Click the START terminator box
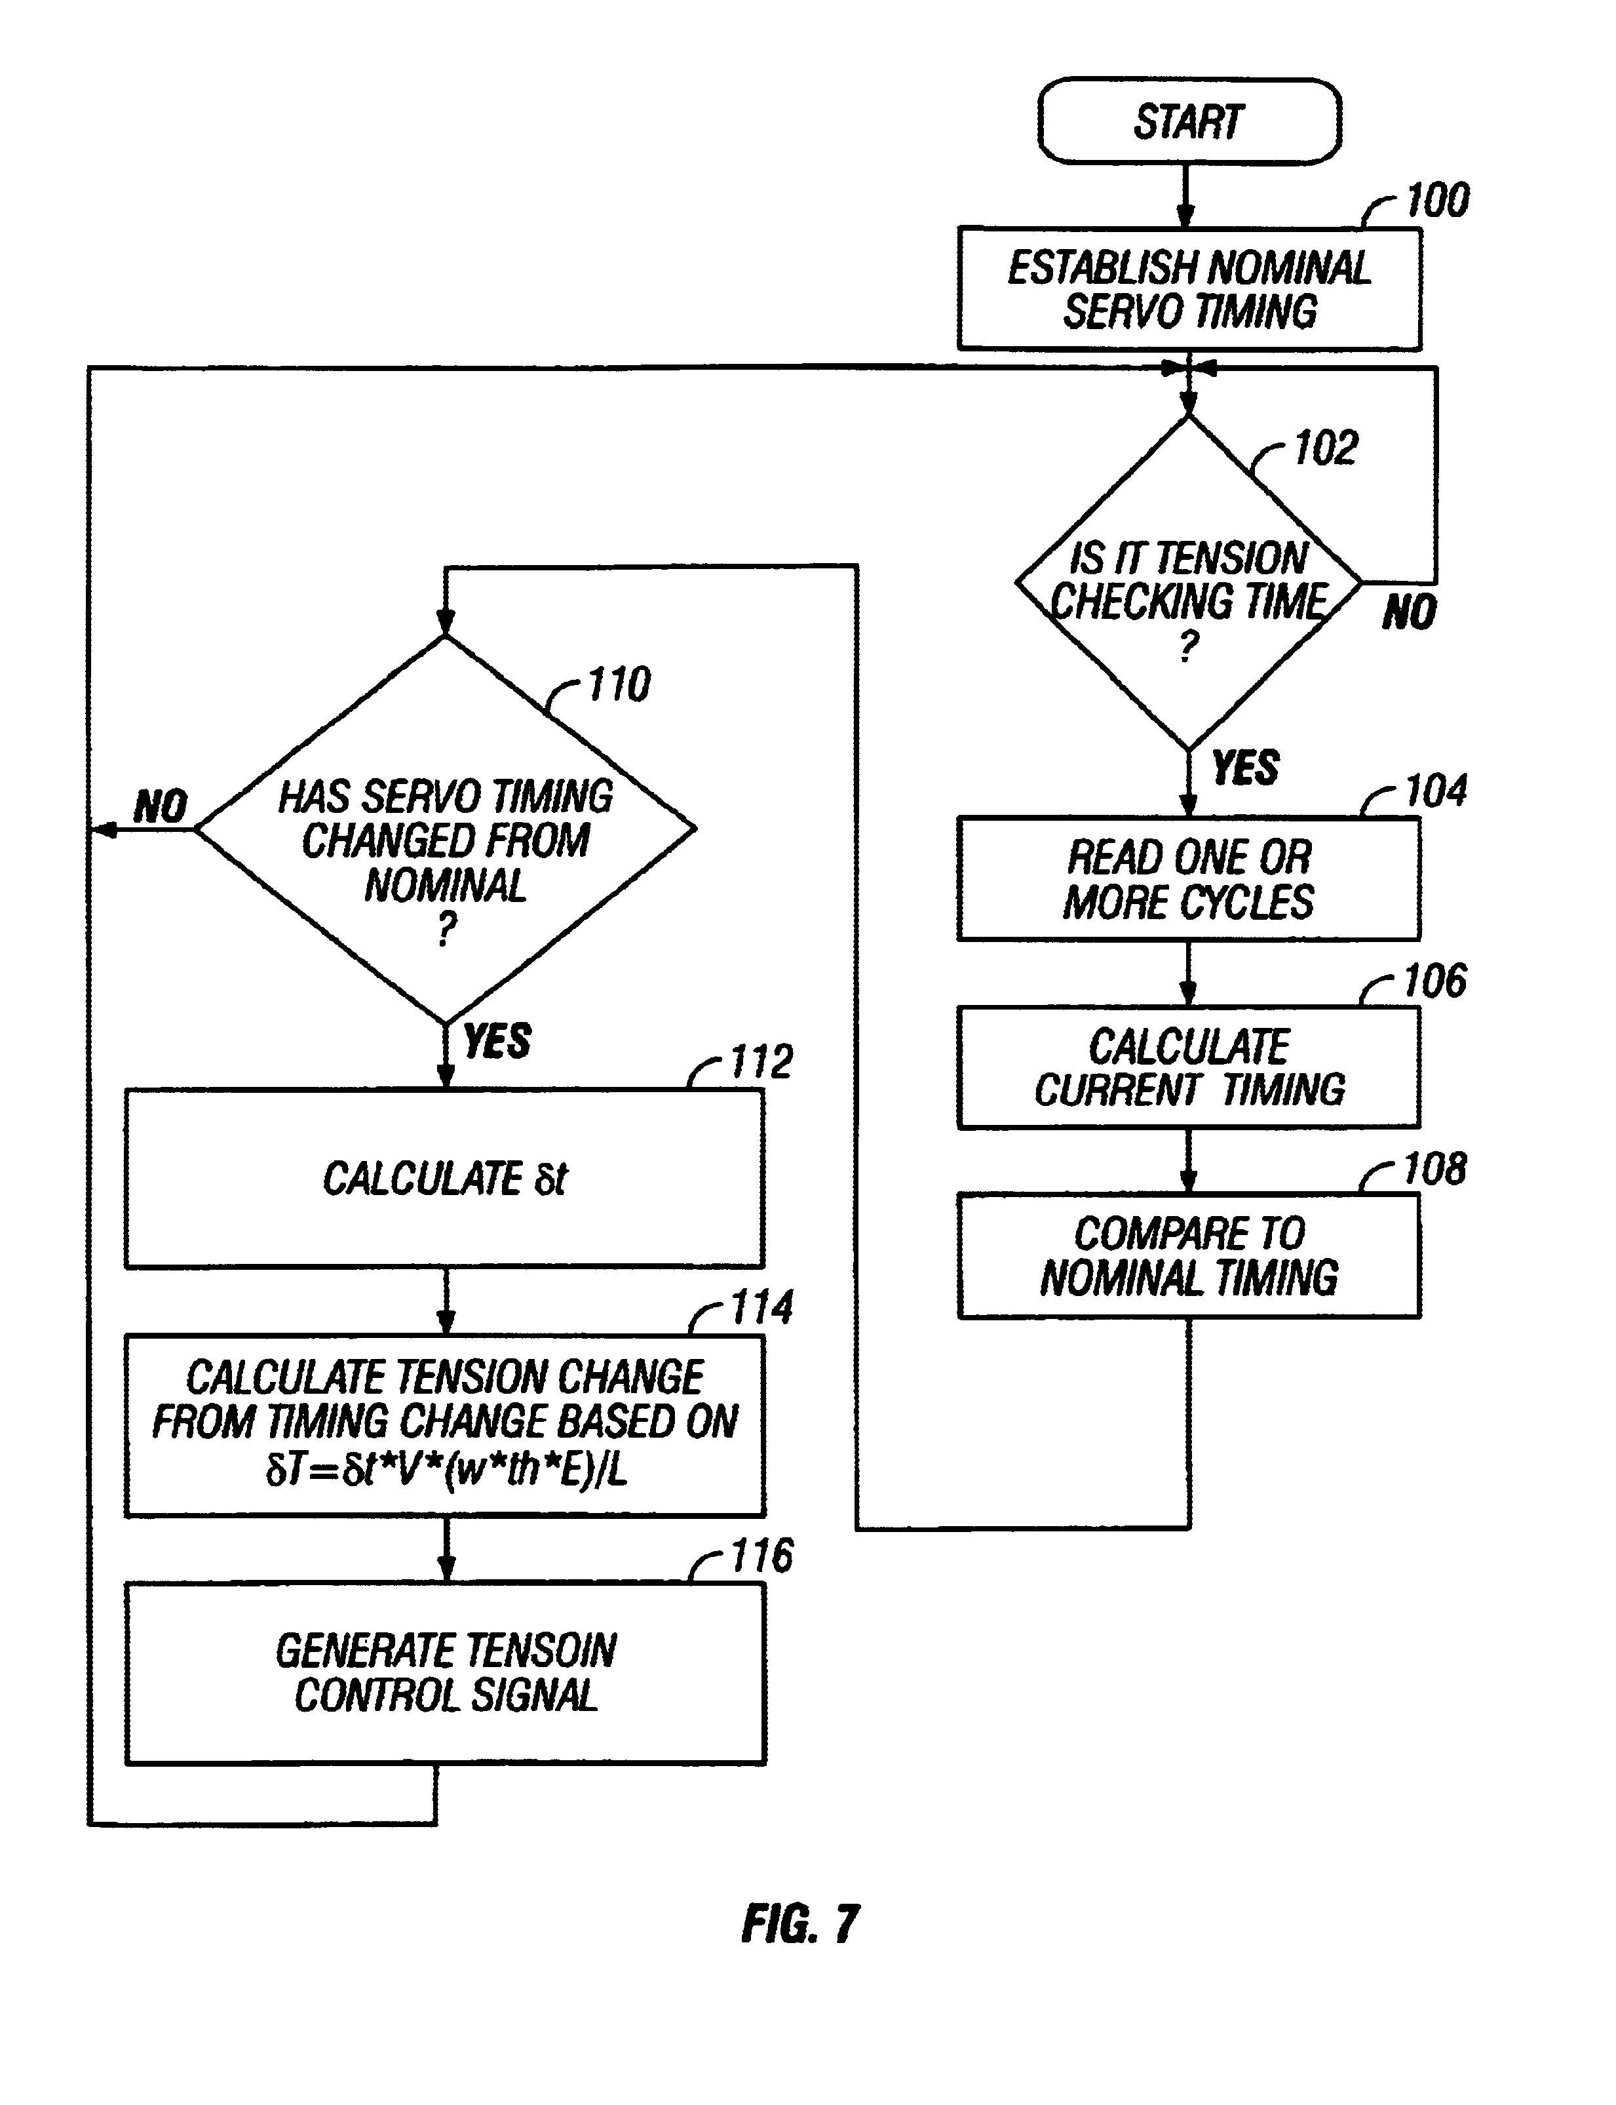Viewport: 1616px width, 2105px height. (1189, 122)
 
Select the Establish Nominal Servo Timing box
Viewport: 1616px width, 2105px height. (1189, 288)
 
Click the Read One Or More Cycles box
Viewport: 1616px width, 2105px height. (1189, 878)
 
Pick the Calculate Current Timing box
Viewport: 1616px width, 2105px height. (1189, 1067)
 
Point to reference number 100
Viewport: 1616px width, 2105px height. (1437, 200)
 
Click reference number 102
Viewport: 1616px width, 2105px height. (1326, 448)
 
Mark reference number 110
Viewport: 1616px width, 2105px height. (619, 685)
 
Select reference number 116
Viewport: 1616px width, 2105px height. (762, 1556)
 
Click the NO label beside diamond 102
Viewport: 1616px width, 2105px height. (1409, 613)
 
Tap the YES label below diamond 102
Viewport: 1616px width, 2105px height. (1246, 768)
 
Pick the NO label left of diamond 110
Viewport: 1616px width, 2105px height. (161, 806)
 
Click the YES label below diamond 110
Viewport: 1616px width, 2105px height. (497, 1041)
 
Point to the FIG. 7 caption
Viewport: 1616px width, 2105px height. (800, 1924)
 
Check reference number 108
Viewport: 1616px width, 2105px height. (1435, 1169)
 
